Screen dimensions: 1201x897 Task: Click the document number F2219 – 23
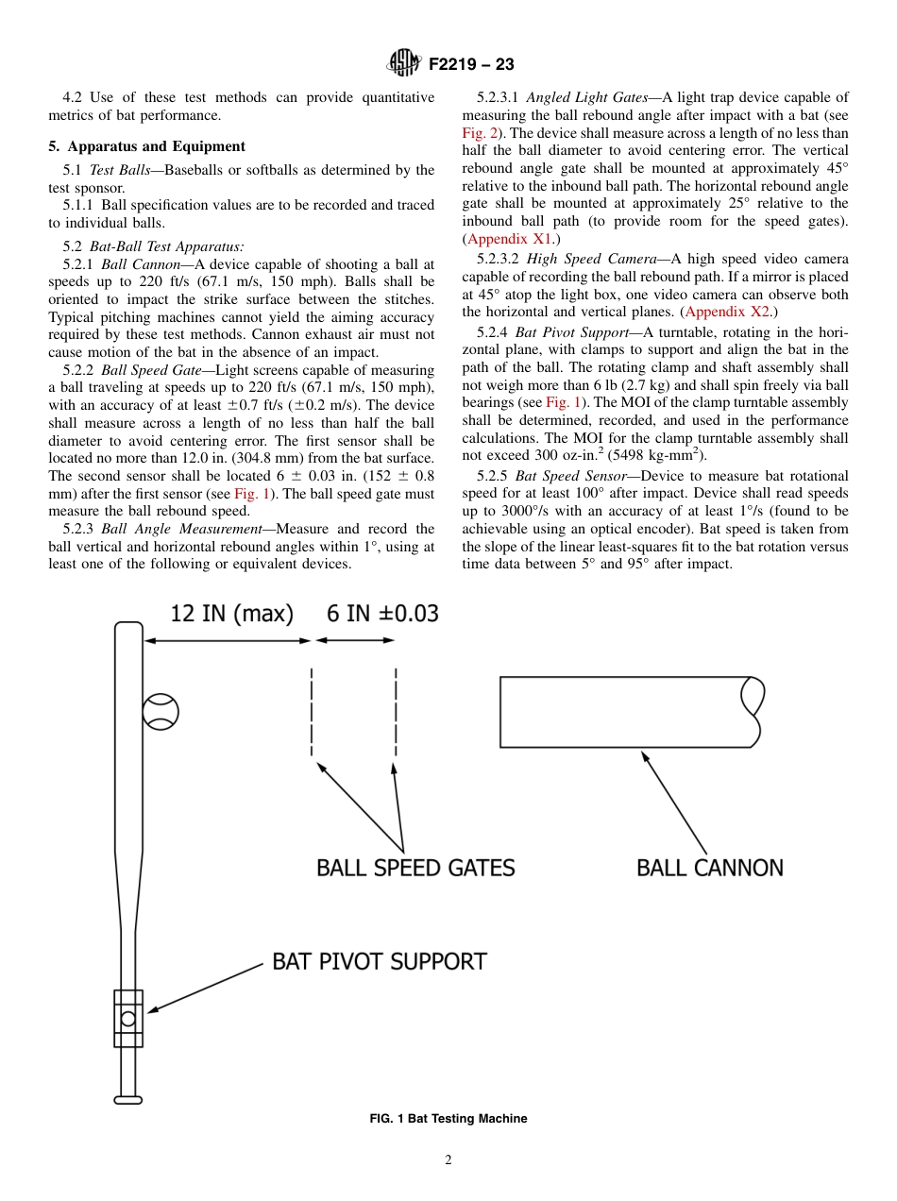pos(471,64)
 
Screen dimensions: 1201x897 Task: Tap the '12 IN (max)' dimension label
pos(231,614)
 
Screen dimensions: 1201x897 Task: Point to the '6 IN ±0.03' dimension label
pos(382,614)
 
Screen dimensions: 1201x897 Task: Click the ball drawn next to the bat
pos(161,711)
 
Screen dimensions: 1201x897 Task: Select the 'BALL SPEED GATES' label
pos(415,868)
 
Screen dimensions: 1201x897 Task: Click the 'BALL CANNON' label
pos(709,868)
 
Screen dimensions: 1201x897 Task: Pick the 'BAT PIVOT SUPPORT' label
pos(380,962)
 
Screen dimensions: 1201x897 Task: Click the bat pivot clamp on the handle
pos(128,1018)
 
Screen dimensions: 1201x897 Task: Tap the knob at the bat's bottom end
pos(128,1099)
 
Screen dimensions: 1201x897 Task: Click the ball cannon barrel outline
pos(628,711)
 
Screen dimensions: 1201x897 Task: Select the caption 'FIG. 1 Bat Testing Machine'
pos(448,1119)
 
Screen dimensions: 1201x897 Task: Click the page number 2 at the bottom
pos(448,1160)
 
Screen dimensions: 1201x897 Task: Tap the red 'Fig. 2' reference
pos(481,133)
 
